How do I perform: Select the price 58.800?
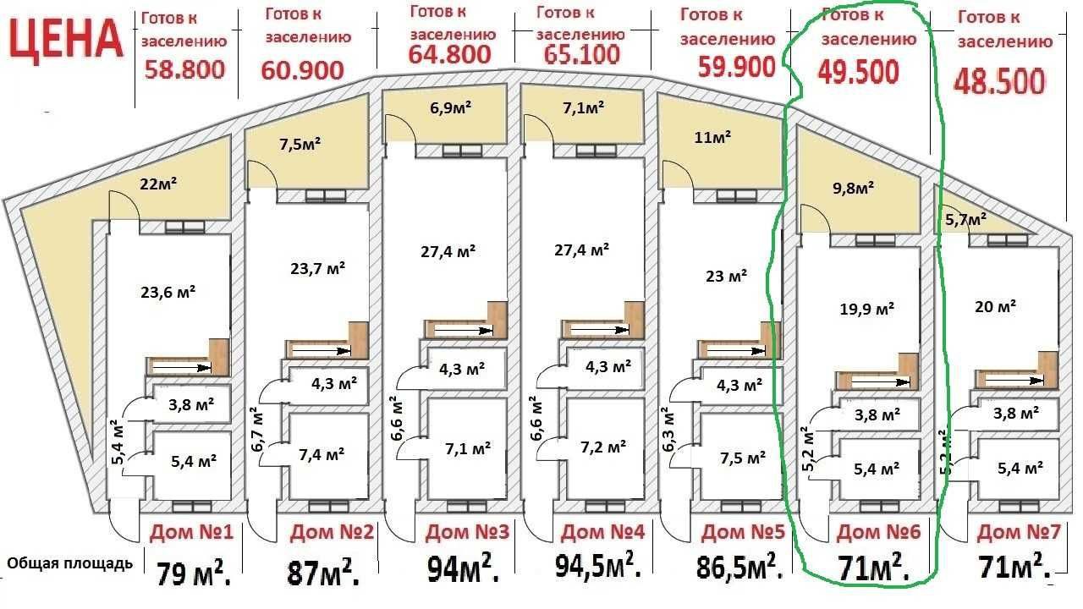(x=184, y=69)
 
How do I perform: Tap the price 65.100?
(x=581, y=54)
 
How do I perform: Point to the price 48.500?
(x=1000, y=81)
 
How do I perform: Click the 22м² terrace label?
(x=158, y=184)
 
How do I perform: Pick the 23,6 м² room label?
(x=168, y=292)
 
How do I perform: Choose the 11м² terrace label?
(x=712, y=138)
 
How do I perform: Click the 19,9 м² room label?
(x=866, y=309)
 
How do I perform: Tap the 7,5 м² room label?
(x=743, y=458)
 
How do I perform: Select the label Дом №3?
(x=467, y=532)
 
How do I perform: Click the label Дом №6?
(x=878, y=532)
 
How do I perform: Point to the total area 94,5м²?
(x=598, y=566)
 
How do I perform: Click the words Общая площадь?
(x=69, y=563)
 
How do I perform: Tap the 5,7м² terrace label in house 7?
(x=965, y=220)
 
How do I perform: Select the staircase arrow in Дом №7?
(x=1014, y=381)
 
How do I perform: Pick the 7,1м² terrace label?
(x=583, y=107)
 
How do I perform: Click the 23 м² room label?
(x=726, y=276)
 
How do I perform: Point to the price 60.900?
(x=302, y=70)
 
